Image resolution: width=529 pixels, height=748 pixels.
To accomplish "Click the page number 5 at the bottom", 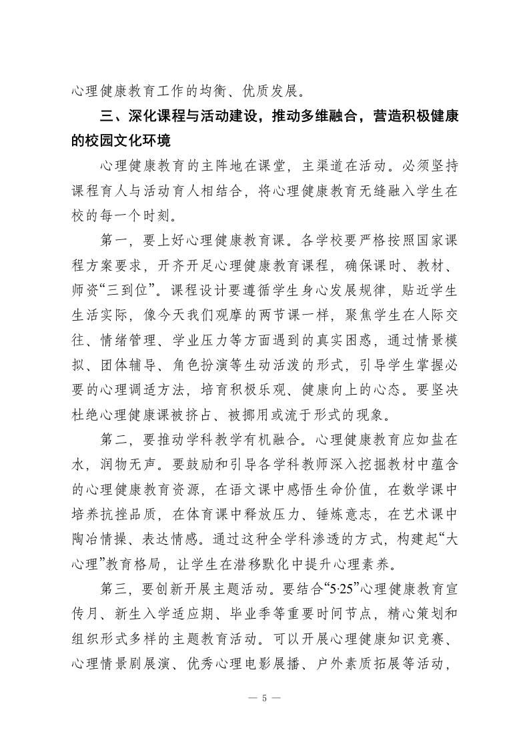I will [265, 698].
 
